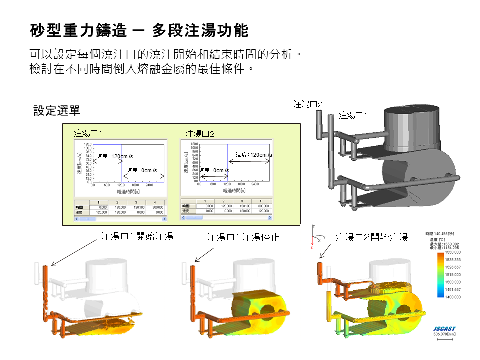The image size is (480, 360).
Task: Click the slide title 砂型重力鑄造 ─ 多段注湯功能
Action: tap(139, 31)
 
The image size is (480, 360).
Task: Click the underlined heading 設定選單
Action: tap(56, 111)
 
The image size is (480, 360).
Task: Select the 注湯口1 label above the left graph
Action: tap(88, 133)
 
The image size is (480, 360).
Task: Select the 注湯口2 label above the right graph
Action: tap(200, 134)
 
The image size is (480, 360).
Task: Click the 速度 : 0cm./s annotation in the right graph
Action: tap(214, 170)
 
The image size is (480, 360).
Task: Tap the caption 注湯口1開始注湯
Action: tap(137, 237)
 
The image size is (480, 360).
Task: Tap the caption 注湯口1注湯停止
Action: tap(243, 237)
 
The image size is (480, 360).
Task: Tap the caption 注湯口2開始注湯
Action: tap(371, 237)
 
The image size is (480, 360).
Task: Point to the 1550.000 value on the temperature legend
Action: tap(453, 253)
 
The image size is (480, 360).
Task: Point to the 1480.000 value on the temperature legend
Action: tap(453, 296)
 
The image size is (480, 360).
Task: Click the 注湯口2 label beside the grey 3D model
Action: tap(308, 104)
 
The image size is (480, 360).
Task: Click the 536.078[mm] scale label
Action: tap(443, 334)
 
